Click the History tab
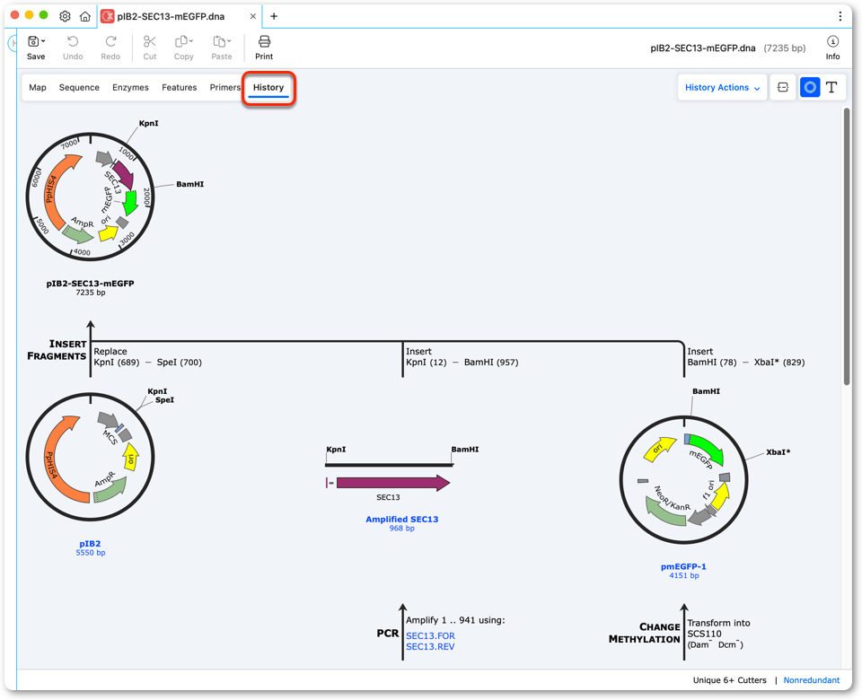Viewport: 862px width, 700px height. [268, 87]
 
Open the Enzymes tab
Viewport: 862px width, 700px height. [130, 87]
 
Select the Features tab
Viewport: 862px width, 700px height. [180, 87]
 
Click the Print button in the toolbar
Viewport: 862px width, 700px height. [264, 48]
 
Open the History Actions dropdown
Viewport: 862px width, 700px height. [722, 87]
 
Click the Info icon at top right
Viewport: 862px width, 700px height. [832, 48]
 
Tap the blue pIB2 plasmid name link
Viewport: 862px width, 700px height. [90, 544]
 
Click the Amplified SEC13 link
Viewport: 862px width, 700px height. [402, 520]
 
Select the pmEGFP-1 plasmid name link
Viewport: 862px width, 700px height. [683, 566]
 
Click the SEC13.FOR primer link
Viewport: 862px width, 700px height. [430, 635]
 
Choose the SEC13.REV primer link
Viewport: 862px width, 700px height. [430, 647]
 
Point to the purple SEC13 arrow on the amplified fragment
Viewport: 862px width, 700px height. [393, 483]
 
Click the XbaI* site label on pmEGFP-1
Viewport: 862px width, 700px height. [778, 452]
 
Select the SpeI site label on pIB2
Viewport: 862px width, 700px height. [164, 400]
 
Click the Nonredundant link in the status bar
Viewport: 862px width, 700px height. [812, 680]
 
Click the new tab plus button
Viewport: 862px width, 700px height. [274, 16]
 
